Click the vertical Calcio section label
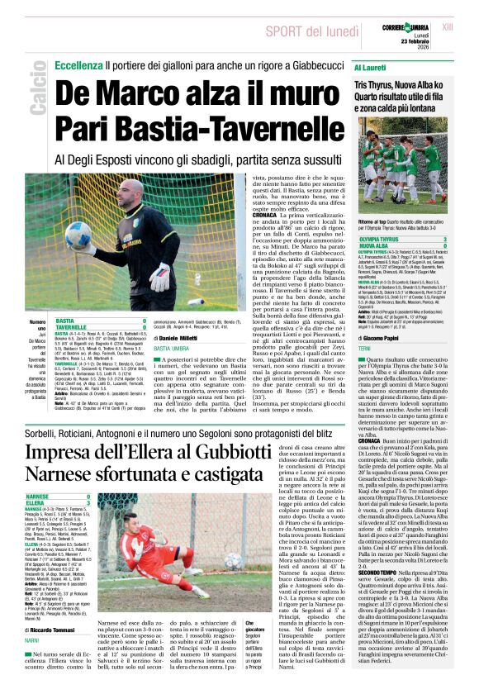click(36, 91)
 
